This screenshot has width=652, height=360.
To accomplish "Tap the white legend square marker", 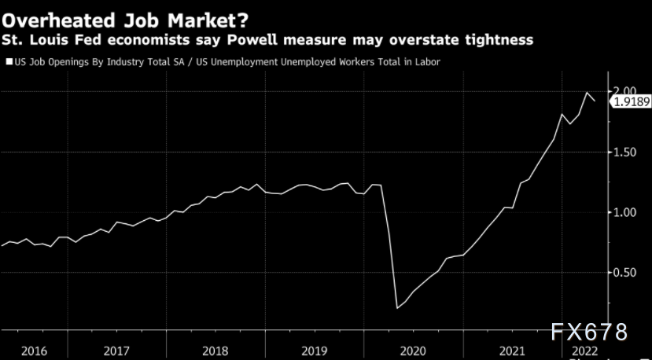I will pyautogui.click(x=9, y=61).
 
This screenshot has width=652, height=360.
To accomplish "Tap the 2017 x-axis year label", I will pyautogui.click(x=116, y=351).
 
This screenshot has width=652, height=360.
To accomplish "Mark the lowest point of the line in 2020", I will pyautogui.click(x=397, y=308).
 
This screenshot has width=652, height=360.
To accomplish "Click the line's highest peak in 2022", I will pyautogui.click(x=587, y=93).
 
